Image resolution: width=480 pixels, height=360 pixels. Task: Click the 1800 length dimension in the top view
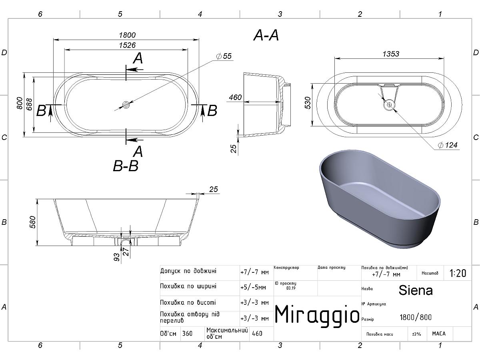pos(127,35)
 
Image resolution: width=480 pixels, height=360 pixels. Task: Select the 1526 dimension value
pos(127,45)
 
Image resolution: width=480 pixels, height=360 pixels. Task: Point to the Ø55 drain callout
pos(224,56)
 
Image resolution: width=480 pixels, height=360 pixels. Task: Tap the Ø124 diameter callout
pos(448,145)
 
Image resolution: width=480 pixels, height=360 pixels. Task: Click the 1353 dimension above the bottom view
pos(391,54)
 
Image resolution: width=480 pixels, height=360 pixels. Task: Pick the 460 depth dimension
pos(235,97)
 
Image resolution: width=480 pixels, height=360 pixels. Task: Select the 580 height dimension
pos(32,222)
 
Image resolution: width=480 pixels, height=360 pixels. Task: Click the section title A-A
pos(266,35)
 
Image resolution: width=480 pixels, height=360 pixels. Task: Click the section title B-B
pos(126,166)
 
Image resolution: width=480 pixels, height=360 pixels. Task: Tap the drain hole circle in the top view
pos(126,105)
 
